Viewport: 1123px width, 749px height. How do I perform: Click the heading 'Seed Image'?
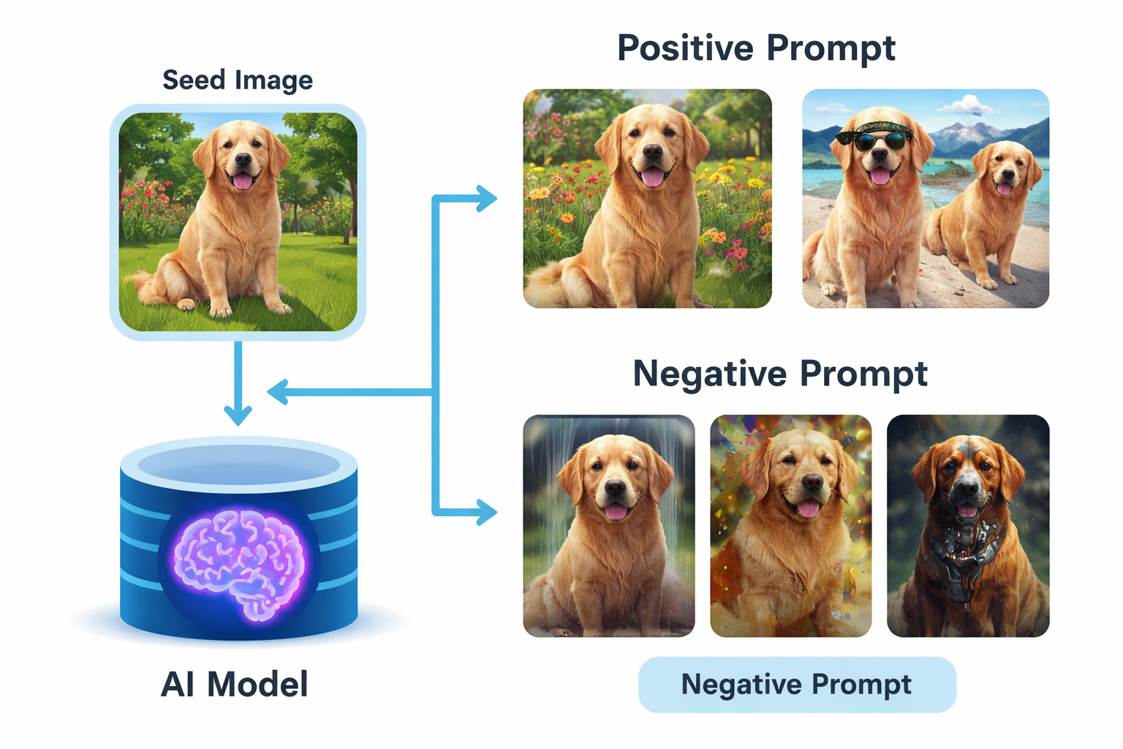click(238, 80)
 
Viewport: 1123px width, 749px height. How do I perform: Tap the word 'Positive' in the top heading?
click(685, 48)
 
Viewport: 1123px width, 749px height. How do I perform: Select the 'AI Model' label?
click(234, 685)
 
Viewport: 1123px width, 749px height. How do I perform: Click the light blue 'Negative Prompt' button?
click(797, 685)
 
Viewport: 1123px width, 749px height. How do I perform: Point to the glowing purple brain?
click(240, 563)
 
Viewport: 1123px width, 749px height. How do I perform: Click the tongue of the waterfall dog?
click(616, 510)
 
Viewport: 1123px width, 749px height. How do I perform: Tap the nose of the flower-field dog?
click(652, 153)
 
